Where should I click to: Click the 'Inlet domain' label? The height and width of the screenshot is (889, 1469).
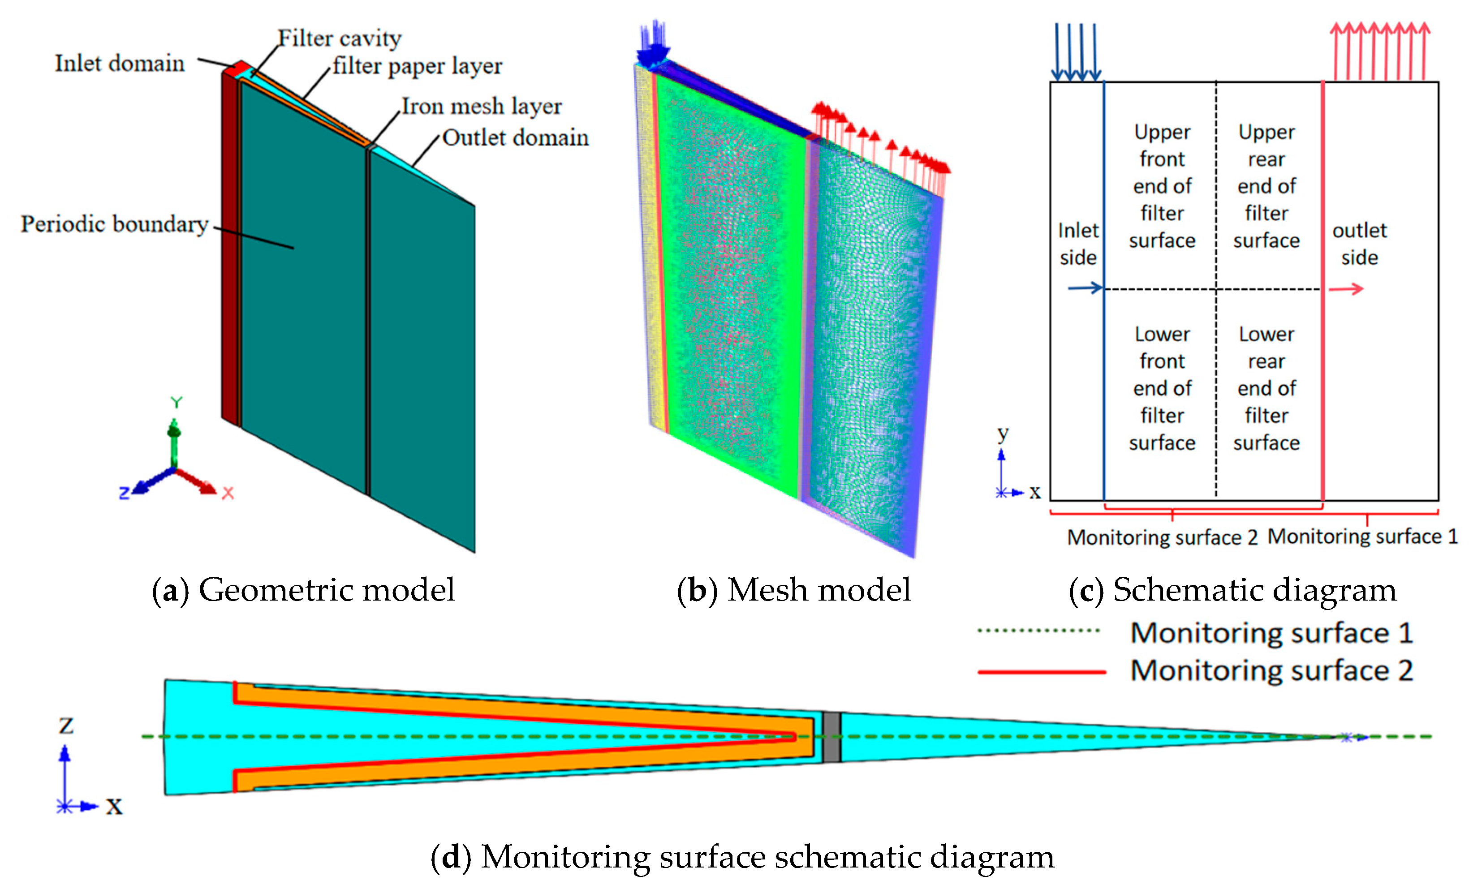pyautogui.click(x=119, y=63)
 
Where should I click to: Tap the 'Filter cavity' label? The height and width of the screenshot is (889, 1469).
pyautogui.click(x=340, y=38)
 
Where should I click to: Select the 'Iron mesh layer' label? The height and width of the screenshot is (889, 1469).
pyautogui.click(x=481, y=106)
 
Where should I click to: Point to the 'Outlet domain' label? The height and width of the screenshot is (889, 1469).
pyautogui.click(x=515, y=137)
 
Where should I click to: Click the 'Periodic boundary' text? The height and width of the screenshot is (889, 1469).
pyautogui.click(x=115, y=224)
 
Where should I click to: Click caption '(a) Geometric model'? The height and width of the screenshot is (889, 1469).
pyautogui.click(x=303, y=590)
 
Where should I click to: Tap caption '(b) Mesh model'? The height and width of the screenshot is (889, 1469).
pyautogui.click(x=793, y=590)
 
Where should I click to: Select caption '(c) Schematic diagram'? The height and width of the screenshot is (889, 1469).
pyautogui.click(x=1232, y=590)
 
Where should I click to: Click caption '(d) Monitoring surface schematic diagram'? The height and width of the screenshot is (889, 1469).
pyautogui.click(x=742, y=857)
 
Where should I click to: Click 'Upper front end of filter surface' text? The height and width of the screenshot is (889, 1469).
pyautogui.click(x=1162, y=186)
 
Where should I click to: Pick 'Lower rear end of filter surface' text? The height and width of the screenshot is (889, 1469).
pyautogui.click(x=1267, y=388)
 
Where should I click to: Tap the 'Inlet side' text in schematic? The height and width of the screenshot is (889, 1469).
pyautogui.click(x=1078, y=244)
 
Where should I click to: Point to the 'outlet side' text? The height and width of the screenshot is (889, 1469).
pyautogui.click(x=1359, y=244)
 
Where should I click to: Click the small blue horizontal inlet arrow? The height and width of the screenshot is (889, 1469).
pyautogui.click(x=1085, y=288)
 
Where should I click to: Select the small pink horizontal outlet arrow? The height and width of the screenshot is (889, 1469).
pyautogui.click(x=1346, y=289)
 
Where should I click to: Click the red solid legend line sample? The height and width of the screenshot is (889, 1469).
pyautogui.click(x=1042, y=671)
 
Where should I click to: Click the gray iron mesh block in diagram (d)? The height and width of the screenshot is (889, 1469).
pyautogui.click(x=831, y=737)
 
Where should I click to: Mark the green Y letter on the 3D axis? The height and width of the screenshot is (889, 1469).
pyautogui.click(x=176, y=402)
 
